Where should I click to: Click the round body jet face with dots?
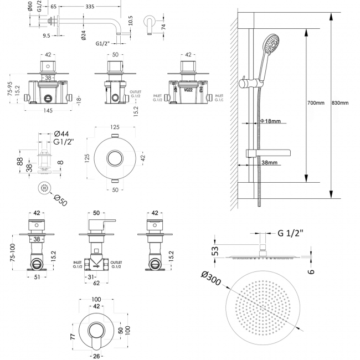pos(44,189)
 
